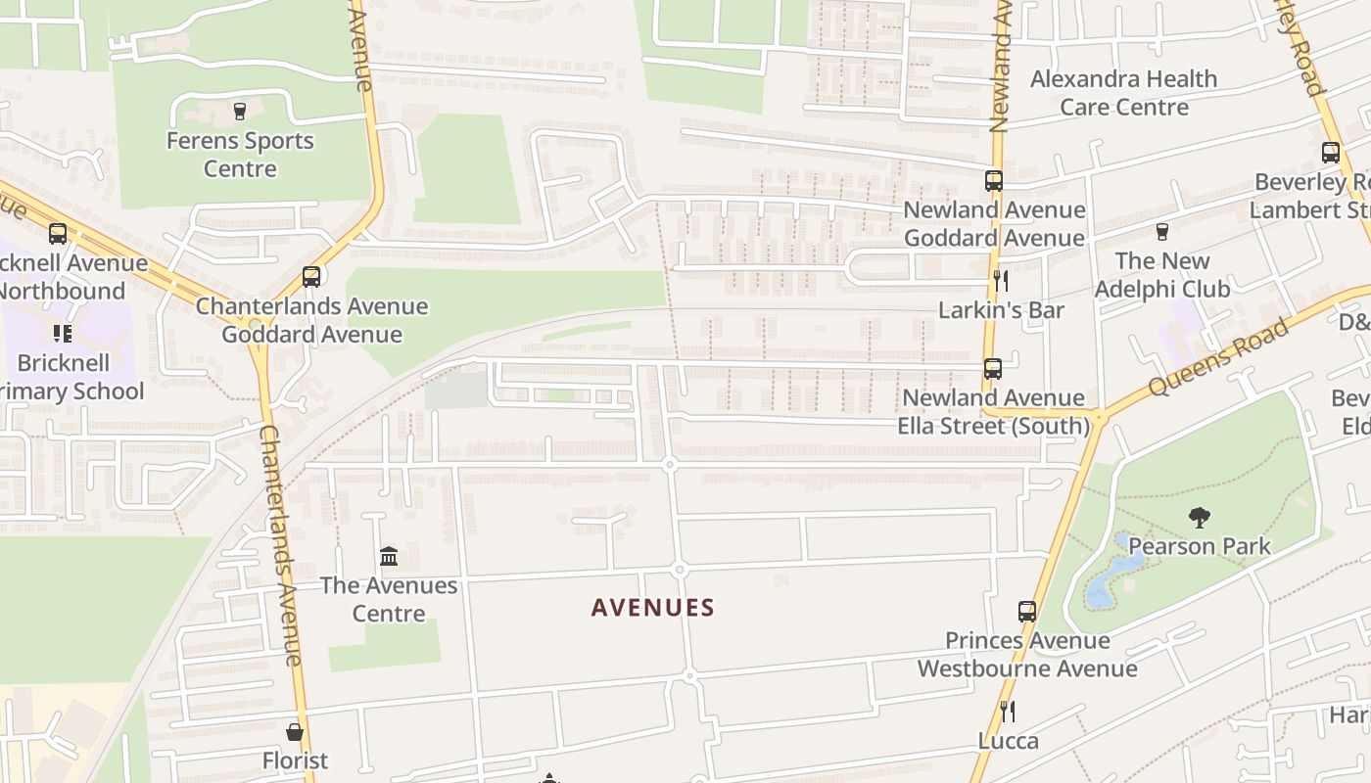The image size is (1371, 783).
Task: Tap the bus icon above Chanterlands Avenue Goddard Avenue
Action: [x=311, y=277]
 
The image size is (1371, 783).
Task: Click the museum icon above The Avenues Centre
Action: [x=389, y=557]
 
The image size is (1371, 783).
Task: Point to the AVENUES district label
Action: [x=653, y=608]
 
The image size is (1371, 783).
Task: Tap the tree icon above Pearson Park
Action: [x=1199, y=518]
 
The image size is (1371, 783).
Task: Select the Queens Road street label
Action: [x=1219, y=356]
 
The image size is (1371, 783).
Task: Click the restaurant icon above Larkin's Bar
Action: [x=1001, y=281]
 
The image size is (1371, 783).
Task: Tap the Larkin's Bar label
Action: [x=1001, y=310]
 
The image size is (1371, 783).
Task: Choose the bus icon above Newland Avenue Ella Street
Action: [x=993, y=369]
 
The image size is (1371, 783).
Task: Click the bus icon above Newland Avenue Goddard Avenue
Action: [x=994, y=181]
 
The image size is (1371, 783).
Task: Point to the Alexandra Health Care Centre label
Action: [x=1124, y=93]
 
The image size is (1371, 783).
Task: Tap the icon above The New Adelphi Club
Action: [x=1162, y=232]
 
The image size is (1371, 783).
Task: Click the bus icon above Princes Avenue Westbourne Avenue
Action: [x=1027, y=612]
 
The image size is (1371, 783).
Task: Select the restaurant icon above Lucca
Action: [x=1006, y=712]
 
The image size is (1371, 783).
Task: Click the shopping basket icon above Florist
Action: [x=295, y=732]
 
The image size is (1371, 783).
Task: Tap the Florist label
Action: [x=295, y=760]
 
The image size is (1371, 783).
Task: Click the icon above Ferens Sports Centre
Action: [x=240, y=111]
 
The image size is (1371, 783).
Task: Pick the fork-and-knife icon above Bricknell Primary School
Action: [x=63, y=334]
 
